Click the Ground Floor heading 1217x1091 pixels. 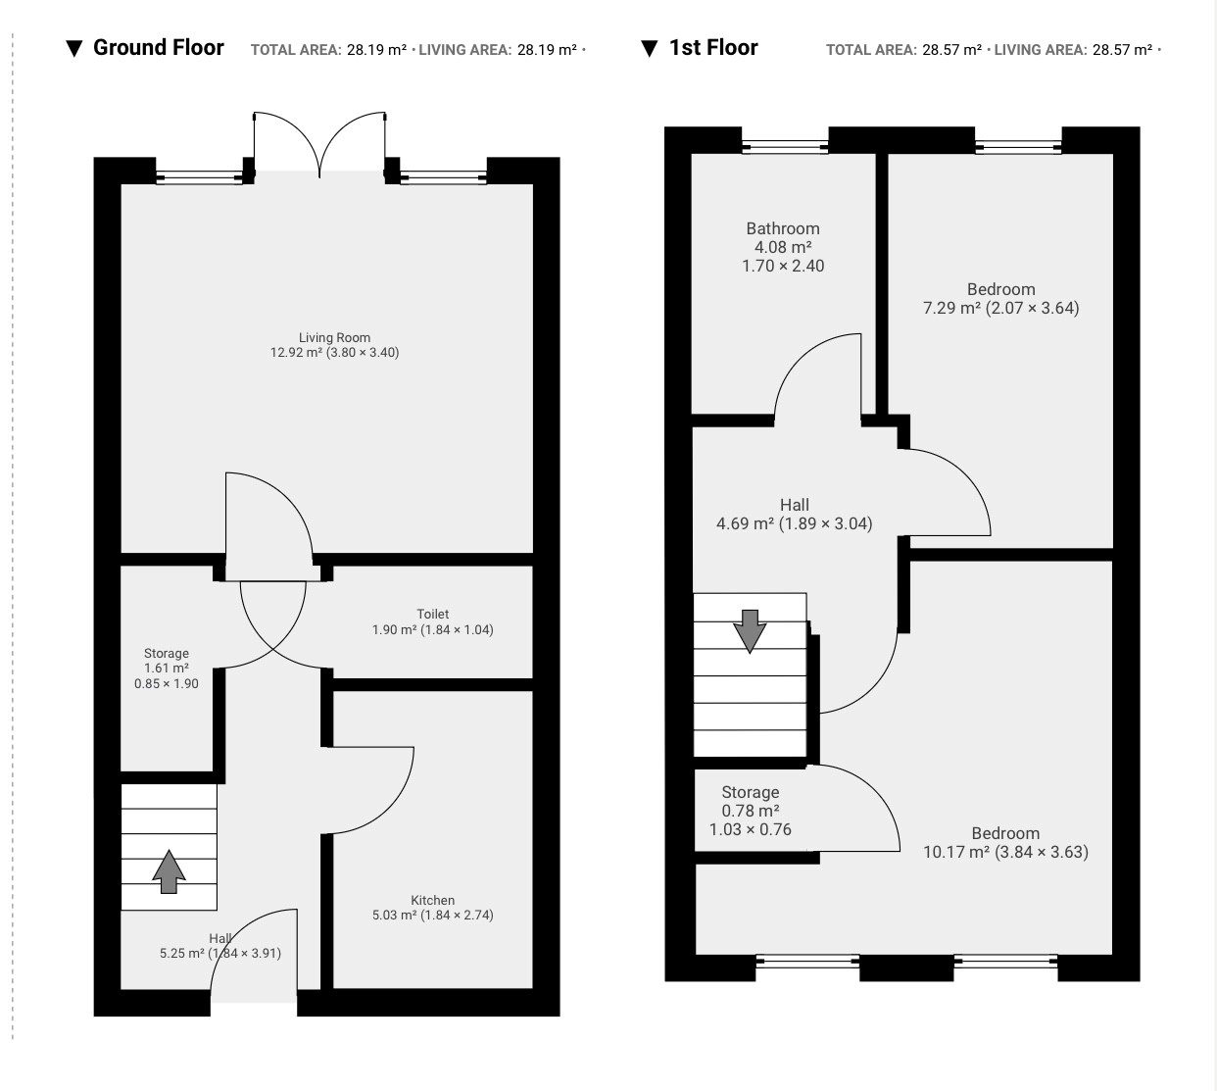pos(159,47)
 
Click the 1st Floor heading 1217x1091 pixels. pos(713,47)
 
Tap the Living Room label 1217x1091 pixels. pos(334,338)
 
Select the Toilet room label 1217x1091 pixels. pos(432,614)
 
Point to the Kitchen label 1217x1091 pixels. pos(432,900)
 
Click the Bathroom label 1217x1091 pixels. pos(783,228)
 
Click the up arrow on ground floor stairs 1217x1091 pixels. pos(169,871)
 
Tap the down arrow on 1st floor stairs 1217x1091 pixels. pos(750,631)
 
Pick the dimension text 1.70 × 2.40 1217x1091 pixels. pos(783,266)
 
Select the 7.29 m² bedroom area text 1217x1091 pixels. pos(951,308)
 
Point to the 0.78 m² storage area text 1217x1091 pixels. pos(751,811)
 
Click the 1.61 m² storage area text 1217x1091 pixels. pos(167,668)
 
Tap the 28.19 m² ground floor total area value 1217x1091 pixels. pos(376,50)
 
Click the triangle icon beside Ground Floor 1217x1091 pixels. pos(73,49)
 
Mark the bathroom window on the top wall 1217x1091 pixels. pos(785,146)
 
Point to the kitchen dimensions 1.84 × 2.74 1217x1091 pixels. pos(457,915)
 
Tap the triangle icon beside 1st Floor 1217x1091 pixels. pos(650,49)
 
